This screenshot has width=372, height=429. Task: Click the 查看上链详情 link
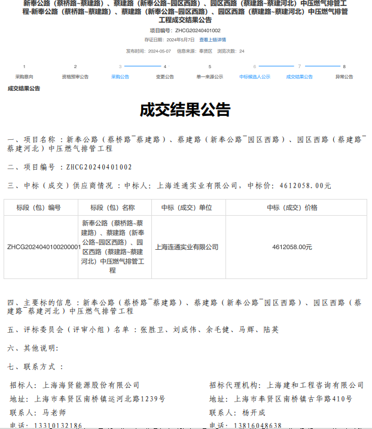pos(212,39)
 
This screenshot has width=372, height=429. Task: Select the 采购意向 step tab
pos(25,77)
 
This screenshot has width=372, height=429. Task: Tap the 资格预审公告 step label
pos(75,77)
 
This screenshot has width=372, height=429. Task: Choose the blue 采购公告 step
pos(120,77)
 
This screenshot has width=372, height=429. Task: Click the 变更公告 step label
pos(165,77)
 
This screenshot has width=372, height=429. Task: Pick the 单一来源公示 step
pos(210,77)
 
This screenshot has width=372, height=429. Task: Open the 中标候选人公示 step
pos(255,77)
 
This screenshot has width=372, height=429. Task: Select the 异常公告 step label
pos(344,77)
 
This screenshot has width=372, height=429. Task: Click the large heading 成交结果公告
pos(185,110)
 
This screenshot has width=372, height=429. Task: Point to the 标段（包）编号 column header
pos(39,207)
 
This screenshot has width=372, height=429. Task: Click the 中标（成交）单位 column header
pos(187,207)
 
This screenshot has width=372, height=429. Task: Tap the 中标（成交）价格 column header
pos(292,207)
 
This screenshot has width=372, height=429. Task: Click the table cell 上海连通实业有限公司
pos(187,247)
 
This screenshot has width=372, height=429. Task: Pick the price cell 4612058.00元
pos(292,247)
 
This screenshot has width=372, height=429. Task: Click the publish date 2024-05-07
pos(160,51)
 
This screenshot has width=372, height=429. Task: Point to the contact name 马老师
pos(54,412)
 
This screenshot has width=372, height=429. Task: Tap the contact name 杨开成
pos(254,412)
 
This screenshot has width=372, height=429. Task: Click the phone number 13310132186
pos(58,425)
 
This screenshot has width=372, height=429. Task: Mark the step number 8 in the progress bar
pos(344,67)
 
